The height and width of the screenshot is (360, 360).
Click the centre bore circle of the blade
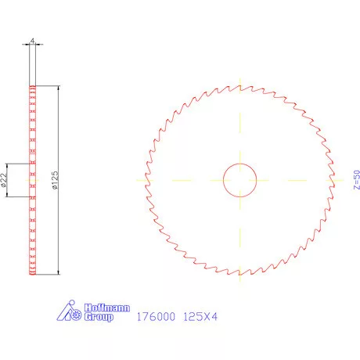[240, 180]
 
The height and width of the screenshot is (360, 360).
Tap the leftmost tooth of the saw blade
[144, 179]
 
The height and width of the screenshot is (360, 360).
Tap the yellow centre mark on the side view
[32, 180]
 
